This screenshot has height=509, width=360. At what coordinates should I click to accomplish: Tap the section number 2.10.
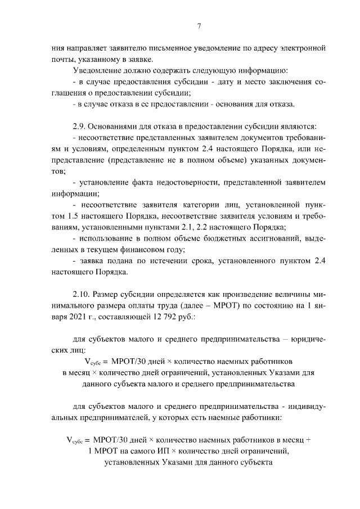pyautogui.click(x=82, y=293)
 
